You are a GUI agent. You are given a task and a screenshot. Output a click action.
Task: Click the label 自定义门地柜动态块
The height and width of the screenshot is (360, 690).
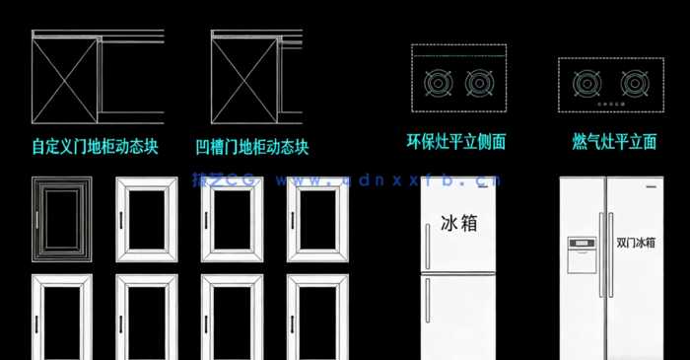tap(95, 147)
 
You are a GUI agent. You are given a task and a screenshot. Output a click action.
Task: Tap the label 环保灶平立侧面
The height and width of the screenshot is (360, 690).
tap(456, 142)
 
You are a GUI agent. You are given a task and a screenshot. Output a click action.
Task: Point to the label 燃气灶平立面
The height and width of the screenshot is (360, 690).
tap(614, 142)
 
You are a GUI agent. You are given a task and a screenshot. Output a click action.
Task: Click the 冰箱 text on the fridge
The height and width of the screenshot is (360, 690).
tap(458, 223)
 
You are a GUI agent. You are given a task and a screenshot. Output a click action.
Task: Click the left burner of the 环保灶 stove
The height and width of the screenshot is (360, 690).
tap(437, 84)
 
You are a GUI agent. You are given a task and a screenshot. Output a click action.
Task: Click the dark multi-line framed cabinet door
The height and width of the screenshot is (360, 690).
tap(61, 219)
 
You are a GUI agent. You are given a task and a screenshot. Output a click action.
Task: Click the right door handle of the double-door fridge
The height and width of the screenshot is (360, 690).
tap(612, 253)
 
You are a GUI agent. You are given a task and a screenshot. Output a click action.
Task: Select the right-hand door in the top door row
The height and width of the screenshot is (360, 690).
tap(315, 219)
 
